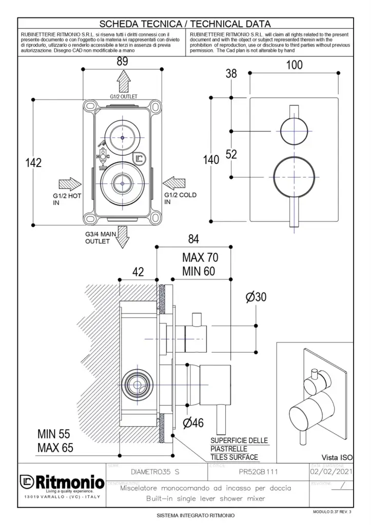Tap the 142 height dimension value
(33, 163)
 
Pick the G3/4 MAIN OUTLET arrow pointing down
(123, 237)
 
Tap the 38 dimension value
(231, 74)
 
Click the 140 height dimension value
(211, 159)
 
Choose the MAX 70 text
(200, 257)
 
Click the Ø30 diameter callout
(256, 298)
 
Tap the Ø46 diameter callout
(193, 423)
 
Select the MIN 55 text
(55, 434)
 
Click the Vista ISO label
(337, 457)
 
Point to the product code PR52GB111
(257, 471)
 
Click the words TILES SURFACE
(234, 457)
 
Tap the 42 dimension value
(138, 272)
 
